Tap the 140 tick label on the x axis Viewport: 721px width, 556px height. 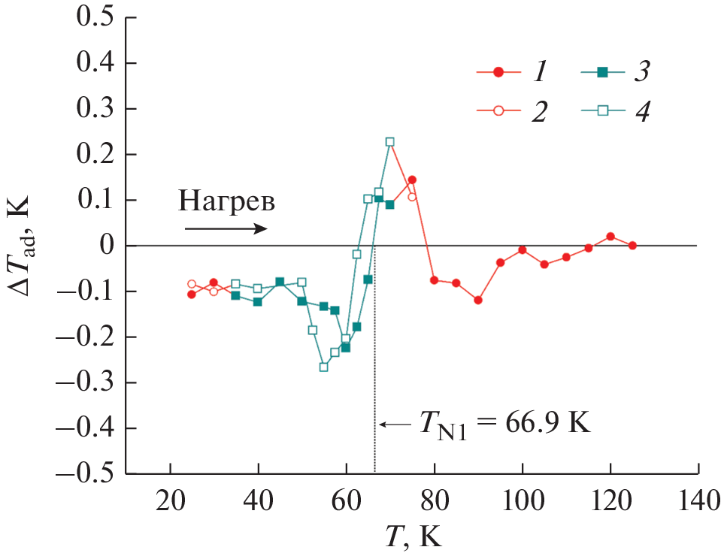[698, 500]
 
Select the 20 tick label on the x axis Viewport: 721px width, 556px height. [171, 500]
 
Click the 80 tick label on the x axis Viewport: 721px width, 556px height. [435, 500]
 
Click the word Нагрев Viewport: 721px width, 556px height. [226, 201]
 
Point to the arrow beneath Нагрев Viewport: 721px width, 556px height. [225, 228]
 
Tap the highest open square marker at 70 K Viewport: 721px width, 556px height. [390, 142]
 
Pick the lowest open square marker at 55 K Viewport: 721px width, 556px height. [324, 367]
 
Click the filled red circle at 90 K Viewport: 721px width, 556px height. [478, 301]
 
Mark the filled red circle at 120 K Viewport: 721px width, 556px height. [610, 237]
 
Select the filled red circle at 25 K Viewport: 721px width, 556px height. [192, 295]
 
